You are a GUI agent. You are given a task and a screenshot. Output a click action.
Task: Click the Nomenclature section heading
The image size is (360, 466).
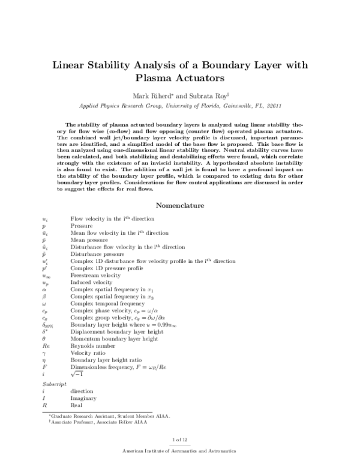[180, 206]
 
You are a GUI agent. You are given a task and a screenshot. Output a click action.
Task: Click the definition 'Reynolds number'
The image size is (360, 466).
[91, 347]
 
